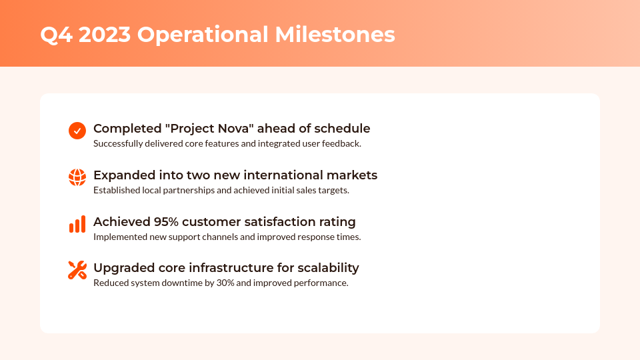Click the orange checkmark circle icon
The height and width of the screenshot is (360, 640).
pyautogui.click(x=77, y=131)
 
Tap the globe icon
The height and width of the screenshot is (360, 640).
pyautogui.click(x=77, y=177)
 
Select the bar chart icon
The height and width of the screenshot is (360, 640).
pyautogui.click(x=77, y=224)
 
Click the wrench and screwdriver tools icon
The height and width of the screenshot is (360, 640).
pyautogui.click(x=77, y=270)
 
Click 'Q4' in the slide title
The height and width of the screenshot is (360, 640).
pyautogui.click(x=56, y=35)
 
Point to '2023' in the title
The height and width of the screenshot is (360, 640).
pyautogui.click(x=105, y=35)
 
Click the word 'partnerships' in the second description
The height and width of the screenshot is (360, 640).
pyautogui.click(x=183, y=190)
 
